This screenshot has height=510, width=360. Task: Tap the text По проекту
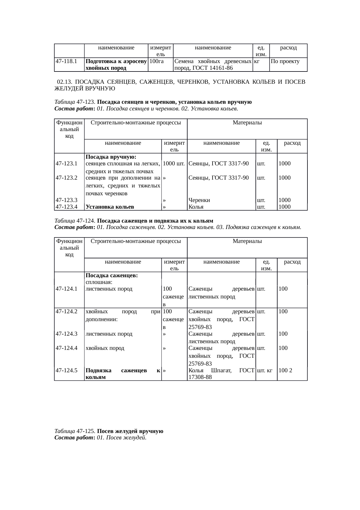285,62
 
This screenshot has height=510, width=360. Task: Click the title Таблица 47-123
75,102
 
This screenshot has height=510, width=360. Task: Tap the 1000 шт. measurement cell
174,164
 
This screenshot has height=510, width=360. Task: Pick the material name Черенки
199,200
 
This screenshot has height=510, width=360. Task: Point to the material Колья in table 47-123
196,207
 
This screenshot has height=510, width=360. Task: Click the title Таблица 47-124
75,221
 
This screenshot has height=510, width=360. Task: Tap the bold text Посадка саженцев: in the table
112,275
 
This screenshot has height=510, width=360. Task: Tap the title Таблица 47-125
75,431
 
